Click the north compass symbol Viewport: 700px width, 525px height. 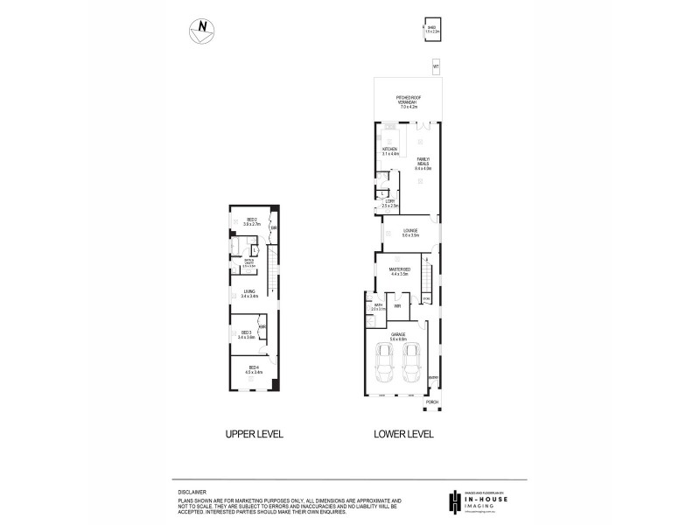[201, 30]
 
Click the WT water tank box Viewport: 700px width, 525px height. [436, 66]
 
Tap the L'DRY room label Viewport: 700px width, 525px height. [389, 203]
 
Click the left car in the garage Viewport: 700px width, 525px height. [383, 364]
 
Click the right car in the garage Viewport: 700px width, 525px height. [411, 364]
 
